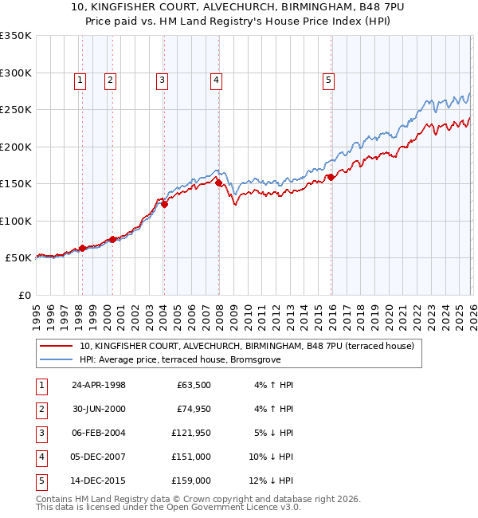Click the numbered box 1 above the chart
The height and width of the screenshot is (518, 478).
(x=81, y=80)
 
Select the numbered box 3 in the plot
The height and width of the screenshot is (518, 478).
(x=162, y=80)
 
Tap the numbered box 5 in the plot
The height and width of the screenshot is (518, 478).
(x=328, y=80)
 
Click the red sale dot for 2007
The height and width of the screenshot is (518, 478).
(x=219, y=184)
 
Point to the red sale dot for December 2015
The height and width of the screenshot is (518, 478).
(x=330, y=178)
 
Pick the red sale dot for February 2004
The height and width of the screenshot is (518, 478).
(x=165, y=205)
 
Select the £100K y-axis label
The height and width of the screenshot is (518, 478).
(x=15, y=221)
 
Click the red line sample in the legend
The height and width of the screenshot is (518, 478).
(x=57, y=347)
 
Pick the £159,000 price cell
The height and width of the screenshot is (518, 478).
(x=192, y=481)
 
